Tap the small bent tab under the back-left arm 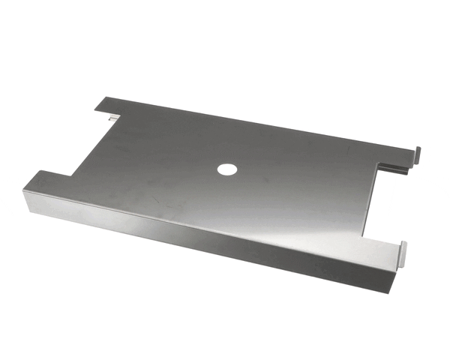pyautogui.click(x=112, y=117)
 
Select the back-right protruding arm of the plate pyautogui.click(x=394, y=153)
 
